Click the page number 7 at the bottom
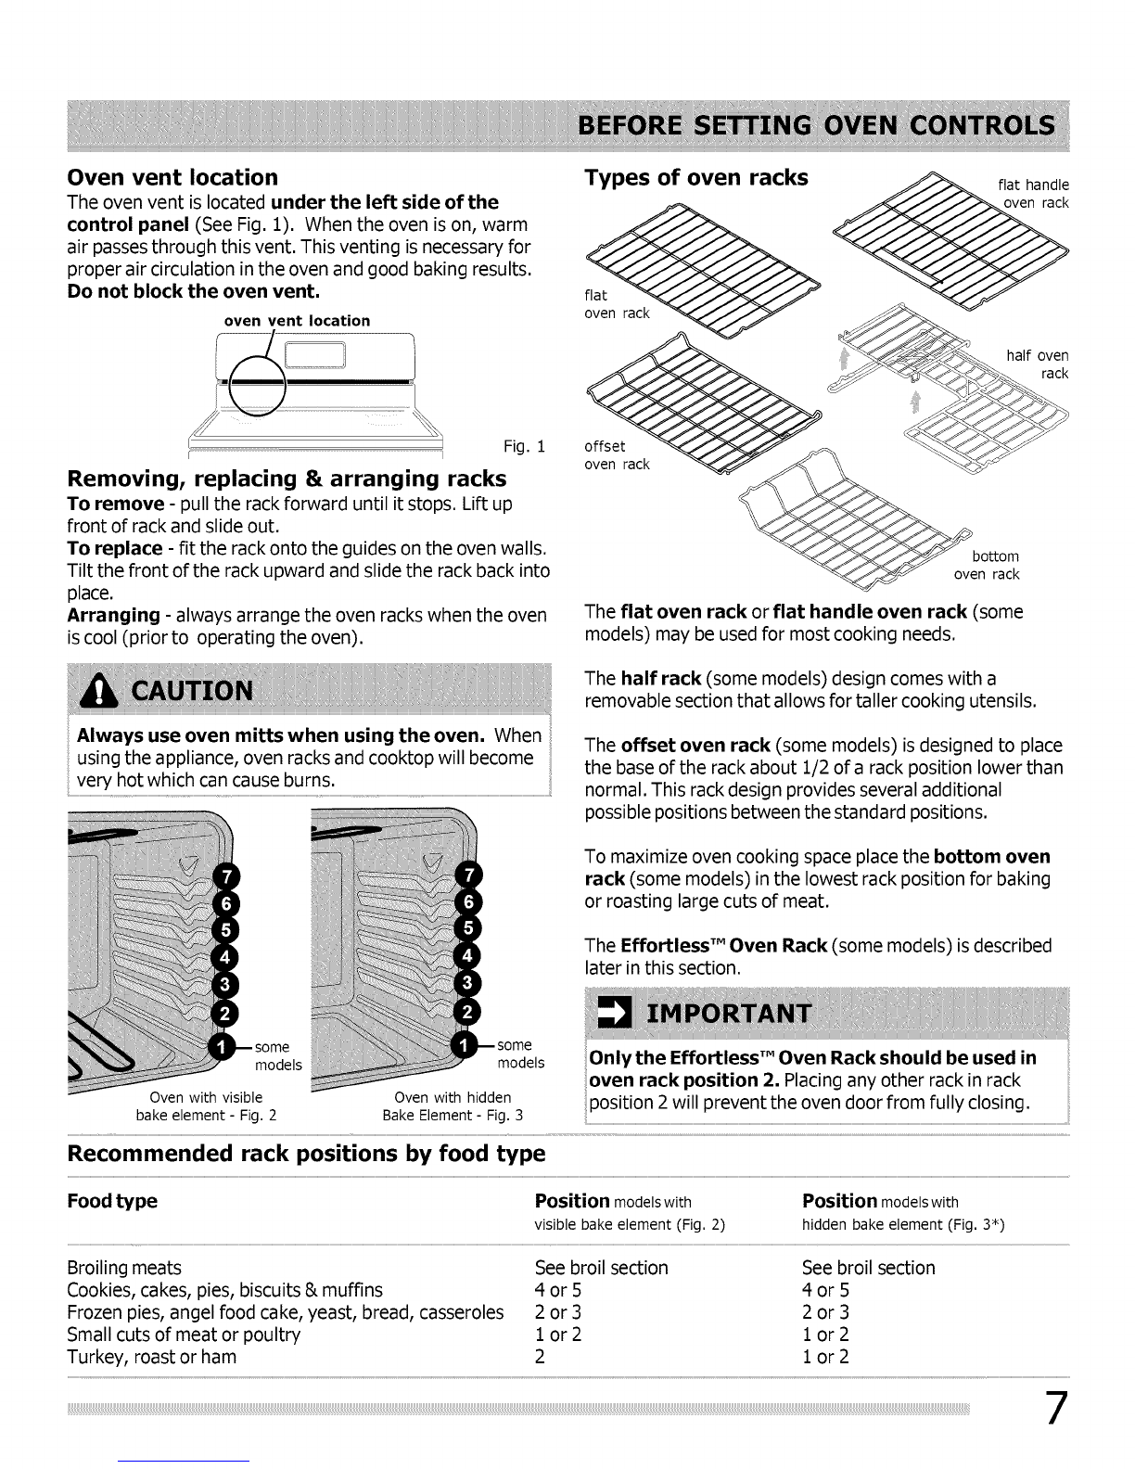(x=1056, y=1408)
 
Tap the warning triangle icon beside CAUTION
(x=98, y=692)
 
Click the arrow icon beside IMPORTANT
(x=615, y=1013)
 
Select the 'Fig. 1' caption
(x=524, y=446)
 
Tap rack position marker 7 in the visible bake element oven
(x=226, y=877)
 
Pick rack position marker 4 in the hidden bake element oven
(x=467, y=956)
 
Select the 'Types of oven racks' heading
(x=696, y=177)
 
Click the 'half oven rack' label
(x=1037, y=364)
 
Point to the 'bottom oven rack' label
(x=987, y=565)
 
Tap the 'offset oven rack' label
(x=617, y=455)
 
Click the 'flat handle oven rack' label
(x=1034, y=193)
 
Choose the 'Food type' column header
(x=112, y=1201)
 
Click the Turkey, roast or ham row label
(x=151, y=1357)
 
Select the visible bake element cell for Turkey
(x=540, y=1357)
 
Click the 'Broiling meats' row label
(x=124, y=1268)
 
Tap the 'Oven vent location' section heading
(x=172, y=177)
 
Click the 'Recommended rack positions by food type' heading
(x=306, y=1153)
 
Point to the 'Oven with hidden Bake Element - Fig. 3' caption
(x=453, y=1106)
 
